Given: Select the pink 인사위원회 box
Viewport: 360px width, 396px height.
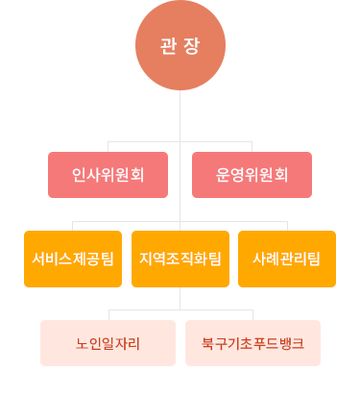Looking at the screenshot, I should [108, 175].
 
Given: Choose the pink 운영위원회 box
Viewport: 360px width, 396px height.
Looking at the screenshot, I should [253, 175].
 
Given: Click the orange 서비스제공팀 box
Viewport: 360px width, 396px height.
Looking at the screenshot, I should [73, 259].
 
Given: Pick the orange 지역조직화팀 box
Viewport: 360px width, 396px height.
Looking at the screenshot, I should [180, 259].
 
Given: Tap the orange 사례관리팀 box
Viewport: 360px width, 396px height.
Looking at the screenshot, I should [287, 259].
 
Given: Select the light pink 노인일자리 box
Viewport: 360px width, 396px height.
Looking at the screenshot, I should [108, 343].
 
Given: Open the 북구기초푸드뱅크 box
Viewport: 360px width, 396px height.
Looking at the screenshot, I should [253, 343].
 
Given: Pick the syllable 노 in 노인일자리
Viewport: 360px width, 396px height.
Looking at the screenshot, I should [83, 343].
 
